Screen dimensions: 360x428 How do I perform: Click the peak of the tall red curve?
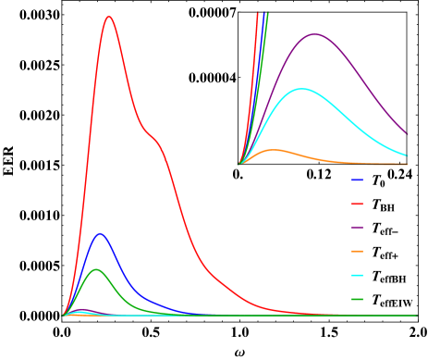coord(109,17)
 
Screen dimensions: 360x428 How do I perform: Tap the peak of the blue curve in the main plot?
coord(100,233)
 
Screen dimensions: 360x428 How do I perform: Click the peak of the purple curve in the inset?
coord(314,34)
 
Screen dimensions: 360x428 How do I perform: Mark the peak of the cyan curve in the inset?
coord(302,89)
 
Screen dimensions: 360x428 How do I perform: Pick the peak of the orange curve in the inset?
coord(275,149)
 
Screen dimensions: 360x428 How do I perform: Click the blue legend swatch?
coord(357,180)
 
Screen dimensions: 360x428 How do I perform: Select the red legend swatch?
coord(357,204)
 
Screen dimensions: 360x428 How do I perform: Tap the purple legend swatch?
coord(357,228)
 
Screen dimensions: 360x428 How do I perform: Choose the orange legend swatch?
coord(357,252)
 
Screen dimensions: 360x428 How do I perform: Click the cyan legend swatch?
coord(357,276)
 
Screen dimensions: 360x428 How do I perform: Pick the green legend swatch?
coord(357,300)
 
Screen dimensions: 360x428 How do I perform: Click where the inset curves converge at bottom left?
coord(239,164)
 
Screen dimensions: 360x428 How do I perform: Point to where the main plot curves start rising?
coord(64,315)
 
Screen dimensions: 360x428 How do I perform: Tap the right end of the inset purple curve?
coord(406,133)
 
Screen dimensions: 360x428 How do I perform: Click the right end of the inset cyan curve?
coord(406,155)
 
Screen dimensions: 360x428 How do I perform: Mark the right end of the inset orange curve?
coord(406,164)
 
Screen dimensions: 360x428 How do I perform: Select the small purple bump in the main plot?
coord(82,309)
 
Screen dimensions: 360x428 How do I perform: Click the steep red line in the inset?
coord(251,83)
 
